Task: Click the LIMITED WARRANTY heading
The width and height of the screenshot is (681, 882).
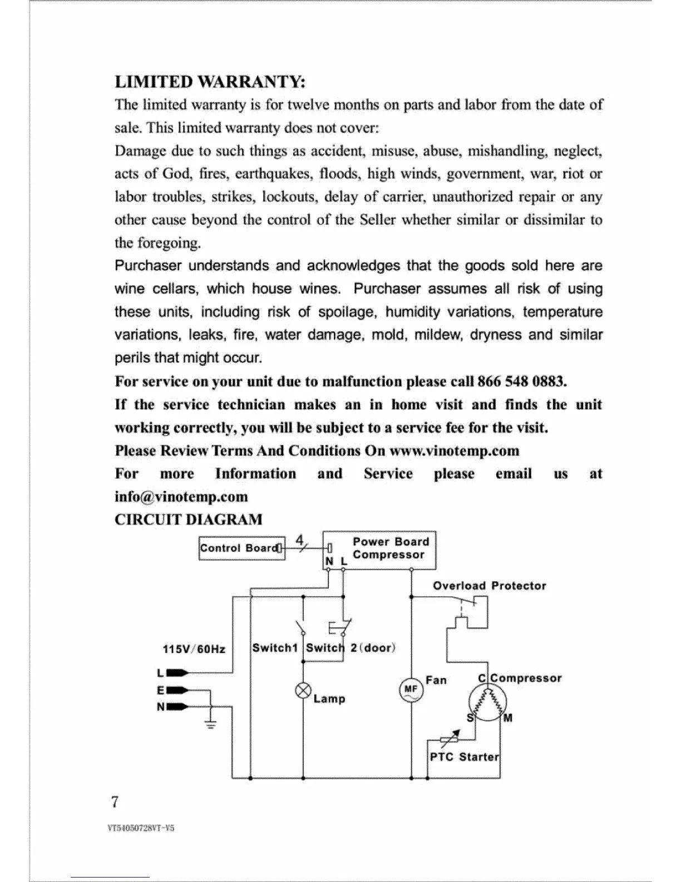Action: click(x=210, y=82)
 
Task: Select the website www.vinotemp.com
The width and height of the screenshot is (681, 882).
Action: click(x=454, y=450)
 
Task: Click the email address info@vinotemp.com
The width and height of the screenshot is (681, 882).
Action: click(x=181, y=496)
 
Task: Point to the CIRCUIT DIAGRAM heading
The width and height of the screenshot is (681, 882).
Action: click(x=188, y=520)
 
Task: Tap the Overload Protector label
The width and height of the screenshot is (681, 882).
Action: click(x=489, y=586)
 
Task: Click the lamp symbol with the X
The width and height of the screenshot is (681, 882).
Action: click(x=303, y=691)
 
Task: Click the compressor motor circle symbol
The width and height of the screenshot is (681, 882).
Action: click(x=487, y=703)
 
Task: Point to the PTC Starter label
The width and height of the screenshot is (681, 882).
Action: click(x=464, y=757)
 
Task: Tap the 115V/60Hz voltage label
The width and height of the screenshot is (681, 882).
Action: click(x=194, y=649)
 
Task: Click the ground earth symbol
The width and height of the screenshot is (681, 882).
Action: click(x=211, y=723)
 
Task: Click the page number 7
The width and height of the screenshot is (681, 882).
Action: click(x=115, y=802)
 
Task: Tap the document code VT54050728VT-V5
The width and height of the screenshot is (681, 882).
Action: click(x=141, y=828)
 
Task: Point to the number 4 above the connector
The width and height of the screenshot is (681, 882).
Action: click(x=299, y=540)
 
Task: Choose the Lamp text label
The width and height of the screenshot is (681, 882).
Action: click(x=329, y=699)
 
